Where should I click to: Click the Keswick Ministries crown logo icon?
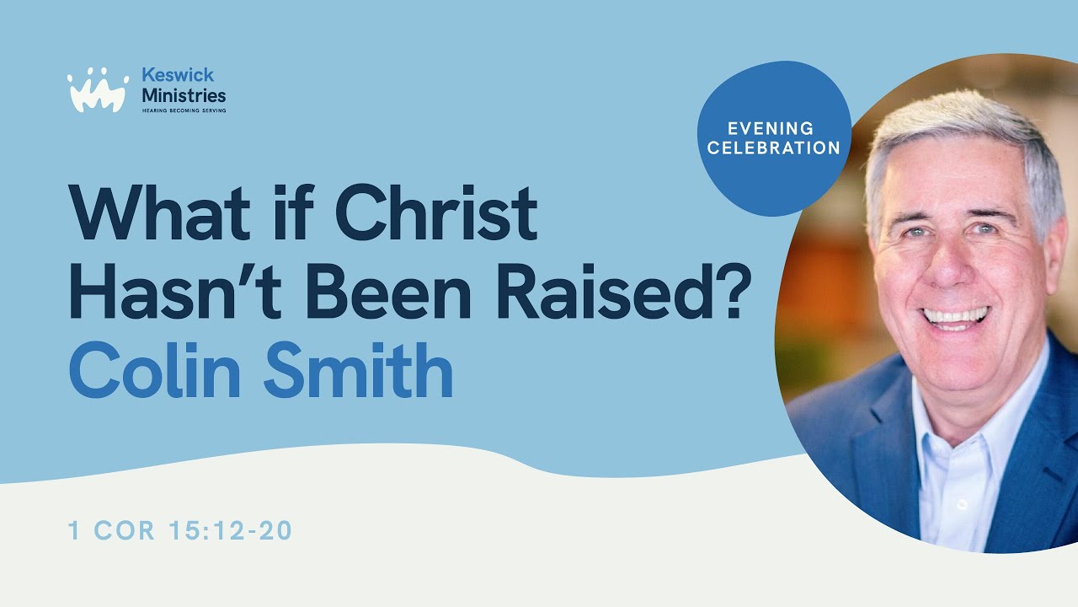click(x=98, y=90)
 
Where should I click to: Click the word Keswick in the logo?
click(x=178, y=76)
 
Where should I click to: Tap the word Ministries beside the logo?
click(x=184, y=95)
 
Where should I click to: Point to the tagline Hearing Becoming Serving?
click(x=183, y=110)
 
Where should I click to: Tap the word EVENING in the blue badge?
click(x=772, y=129)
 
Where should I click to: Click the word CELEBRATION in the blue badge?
click(x=774, y=148)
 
